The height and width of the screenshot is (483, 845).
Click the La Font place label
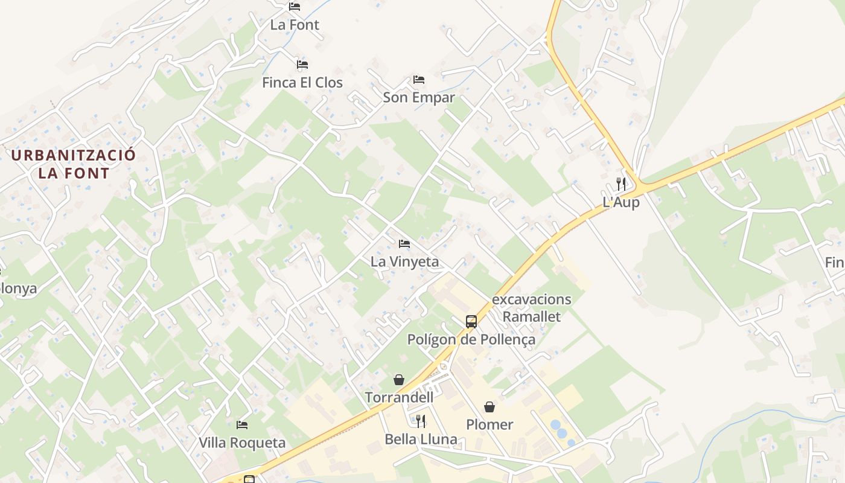(x=295, y=25)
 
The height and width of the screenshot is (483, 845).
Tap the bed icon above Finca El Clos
(x=302, y=64)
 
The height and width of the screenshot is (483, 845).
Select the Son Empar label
(x=419, y=97)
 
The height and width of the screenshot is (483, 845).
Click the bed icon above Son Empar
(x=419, y=80)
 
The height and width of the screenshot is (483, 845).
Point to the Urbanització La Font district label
(x=74, y=164)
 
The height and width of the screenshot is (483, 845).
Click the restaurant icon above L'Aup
(x=621, y=184)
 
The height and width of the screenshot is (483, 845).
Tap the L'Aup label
(x=621, y=202)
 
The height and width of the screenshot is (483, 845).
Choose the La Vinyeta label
(x=404, y=261)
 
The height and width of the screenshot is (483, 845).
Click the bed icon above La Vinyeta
(x=404, y=244)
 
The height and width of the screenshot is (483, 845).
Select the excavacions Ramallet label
(x=532, y=308)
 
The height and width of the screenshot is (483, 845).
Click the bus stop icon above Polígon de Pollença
(x=471, y=322)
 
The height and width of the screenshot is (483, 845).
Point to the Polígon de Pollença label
(x=471, y=339)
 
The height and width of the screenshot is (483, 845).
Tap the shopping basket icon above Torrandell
(x=399, y=380)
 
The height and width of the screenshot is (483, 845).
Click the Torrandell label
(x=399, y=397)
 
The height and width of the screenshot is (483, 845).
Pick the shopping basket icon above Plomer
(x=489, y=407)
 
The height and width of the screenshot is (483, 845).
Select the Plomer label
(x=489, y=424)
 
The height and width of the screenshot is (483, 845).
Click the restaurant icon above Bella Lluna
(x=421, y=421)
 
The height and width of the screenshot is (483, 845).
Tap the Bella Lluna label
(x=421, y=439)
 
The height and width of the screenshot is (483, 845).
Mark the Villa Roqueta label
(x=242, y=443)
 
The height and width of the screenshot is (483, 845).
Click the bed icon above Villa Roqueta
(x=242, y=425)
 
